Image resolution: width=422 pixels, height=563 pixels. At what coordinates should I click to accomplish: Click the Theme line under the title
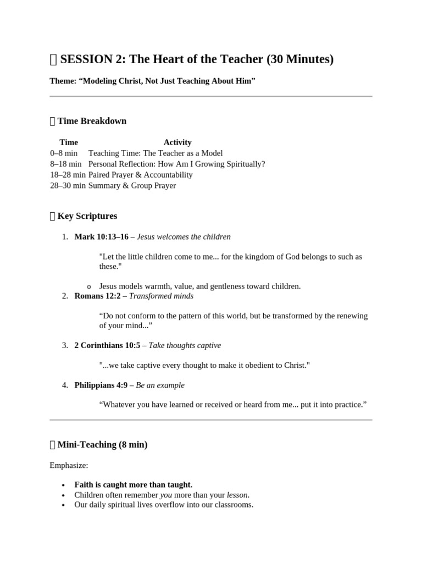152,81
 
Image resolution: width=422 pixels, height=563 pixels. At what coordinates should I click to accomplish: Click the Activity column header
177,142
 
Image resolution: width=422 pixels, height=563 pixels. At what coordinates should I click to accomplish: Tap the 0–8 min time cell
64,153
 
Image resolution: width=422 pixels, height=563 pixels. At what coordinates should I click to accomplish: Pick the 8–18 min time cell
66,164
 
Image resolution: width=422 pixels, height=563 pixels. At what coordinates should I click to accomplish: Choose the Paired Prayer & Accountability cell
141,175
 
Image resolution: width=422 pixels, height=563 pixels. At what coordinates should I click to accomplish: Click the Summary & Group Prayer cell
132,185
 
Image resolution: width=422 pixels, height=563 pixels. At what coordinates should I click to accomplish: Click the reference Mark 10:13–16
101,237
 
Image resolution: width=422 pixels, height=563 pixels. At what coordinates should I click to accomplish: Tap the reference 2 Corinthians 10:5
107,345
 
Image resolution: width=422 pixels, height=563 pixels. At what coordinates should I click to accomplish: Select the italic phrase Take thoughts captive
185,345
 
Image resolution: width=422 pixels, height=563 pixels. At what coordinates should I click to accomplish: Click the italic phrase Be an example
160,385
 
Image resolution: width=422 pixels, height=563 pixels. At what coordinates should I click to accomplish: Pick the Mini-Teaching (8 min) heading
102,444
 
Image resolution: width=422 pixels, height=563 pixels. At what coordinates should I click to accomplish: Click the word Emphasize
69,465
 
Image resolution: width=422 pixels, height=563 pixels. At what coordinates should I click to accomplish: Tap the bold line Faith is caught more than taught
134,484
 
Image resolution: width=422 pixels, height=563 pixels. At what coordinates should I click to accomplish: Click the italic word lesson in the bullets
237,495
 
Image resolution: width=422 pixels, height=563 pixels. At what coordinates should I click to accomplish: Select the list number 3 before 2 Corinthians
64,345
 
